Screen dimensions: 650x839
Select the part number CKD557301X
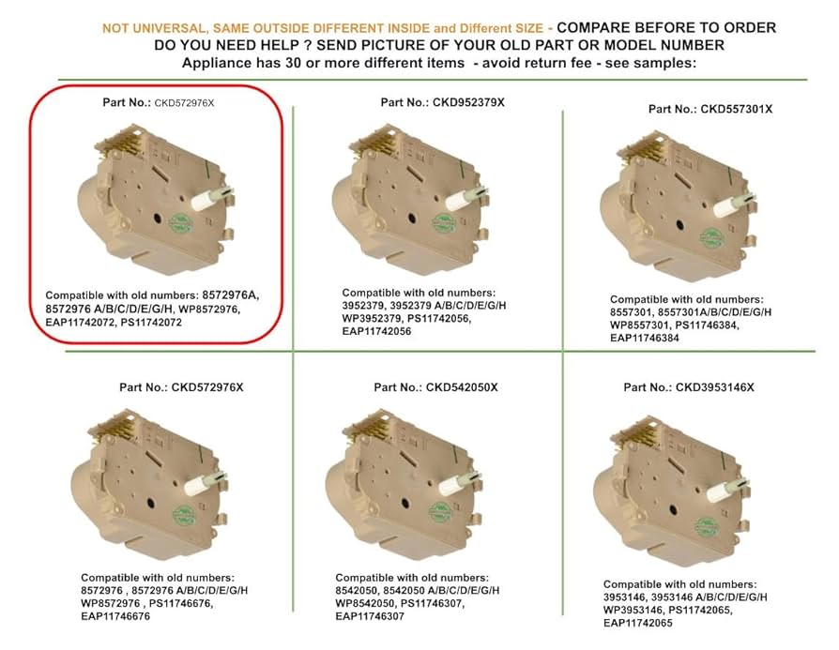point(737,109)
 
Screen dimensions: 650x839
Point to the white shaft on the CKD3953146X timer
point(727,481)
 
